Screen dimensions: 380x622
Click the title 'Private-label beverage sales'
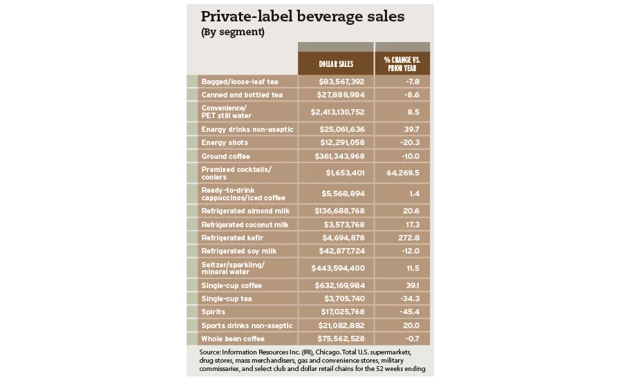point(302,17)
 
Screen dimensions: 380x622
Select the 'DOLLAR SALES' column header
point(336,64)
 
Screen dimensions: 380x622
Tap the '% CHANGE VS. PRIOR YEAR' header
point(402,64)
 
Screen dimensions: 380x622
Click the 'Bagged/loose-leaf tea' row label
point(239,82)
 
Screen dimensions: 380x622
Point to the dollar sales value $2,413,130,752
point(336,111)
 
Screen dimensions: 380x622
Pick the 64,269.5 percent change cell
point(402,173)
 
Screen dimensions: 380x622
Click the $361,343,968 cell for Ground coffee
point(336,157)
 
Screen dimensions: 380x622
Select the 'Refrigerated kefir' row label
point(232,238)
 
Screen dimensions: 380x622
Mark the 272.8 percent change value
point(402,238)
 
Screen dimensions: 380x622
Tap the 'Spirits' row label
point(214,312)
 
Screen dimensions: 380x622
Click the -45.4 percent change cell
point(402,312)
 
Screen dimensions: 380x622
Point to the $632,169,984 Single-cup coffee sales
point(336,285)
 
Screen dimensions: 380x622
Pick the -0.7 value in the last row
point(402,339)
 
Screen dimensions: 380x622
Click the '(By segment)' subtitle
point(232,32)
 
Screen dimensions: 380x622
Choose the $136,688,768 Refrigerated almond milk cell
point(336,211)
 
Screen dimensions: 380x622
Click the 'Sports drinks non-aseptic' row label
point(247,325)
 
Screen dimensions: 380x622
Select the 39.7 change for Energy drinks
point(402,129)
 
